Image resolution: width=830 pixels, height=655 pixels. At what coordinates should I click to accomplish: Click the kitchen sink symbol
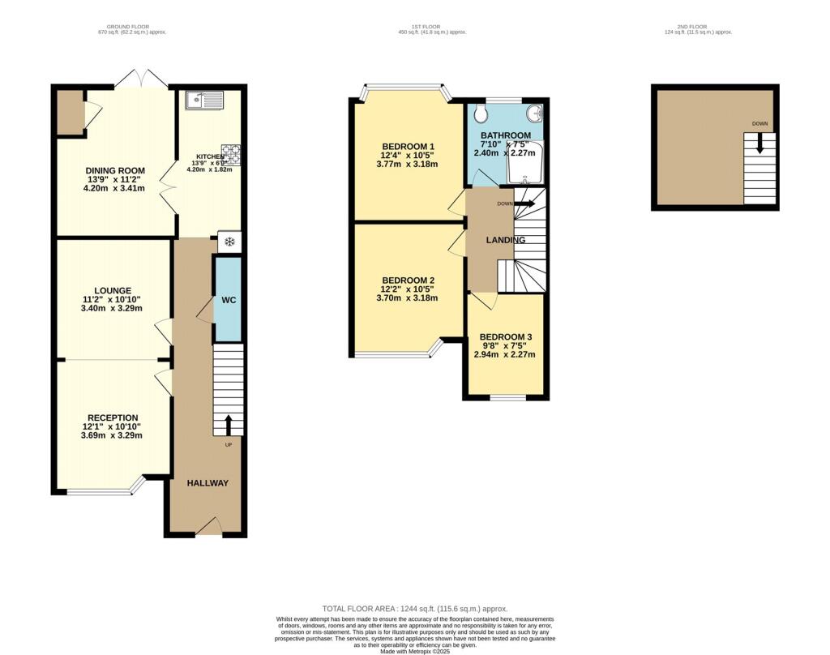[x=204, y=101]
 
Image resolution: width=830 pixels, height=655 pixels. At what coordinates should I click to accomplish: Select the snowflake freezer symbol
[x=229, y=242]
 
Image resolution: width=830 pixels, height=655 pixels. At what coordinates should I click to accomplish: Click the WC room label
[x=229, y=301]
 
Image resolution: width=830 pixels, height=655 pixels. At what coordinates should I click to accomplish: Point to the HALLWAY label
[x=207, y=483]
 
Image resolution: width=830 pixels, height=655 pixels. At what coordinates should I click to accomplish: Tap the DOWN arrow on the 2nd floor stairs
[x=759, y=143]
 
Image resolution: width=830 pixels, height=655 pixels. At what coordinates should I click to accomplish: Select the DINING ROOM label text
[x=115, y=171]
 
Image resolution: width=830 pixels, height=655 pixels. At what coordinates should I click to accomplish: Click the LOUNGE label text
[x=113, y=290]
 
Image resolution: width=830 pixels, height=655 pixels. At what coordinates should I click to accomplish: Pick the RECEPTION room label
[x=113, y=417]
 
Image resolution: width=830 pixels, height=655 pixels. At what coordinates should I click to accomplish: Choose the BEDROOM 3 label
[x=506, y=336]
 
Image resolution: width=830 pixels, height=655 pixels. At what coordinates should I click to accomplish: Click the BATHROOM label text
[x=506, y=135]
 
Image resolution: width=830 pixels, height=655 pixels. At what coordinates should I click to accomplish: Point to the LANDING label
[x=506, y=240]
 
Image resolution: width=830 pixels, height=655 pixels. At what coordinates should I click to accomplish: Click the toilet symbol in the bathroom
[x=481, y=111]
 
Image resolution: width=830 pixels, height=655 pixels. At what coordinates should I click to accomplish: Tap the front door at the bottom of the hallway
[x=209, y=529]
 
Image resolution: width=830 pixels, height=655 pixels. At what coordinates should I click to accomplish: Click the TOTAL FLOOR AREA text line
[x=415, y=609]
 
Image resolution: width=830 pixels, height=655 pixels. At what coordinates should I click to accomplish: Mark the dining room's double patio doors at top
[x=141, y=79]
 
